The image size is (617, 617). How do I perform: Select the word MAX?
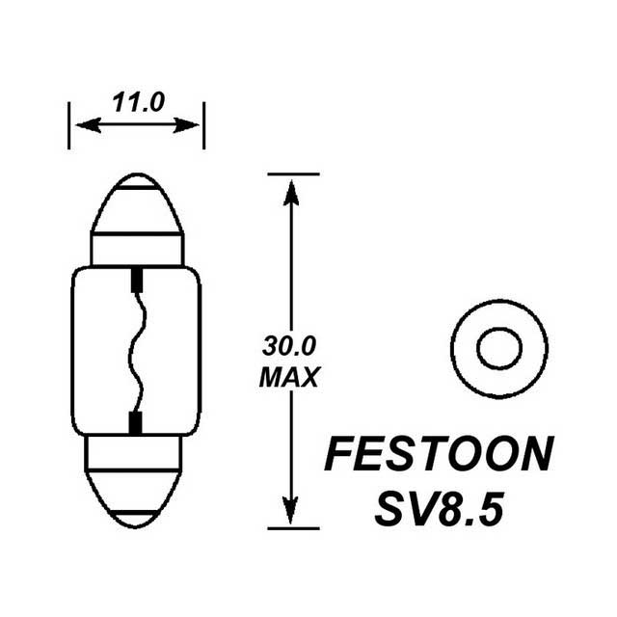(x=288, y=377)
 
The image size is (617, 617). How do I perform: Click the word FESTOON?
(x=440, y=454)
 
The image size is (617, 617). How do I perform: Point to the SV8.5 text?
(x=440, y=507)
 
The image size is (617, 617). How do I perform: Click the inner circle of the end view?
(x=498, y=347)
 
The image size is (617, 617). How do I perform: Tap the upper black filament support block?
(x=135, y=282)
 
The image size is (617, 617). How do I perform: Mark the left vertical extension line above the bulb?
(x=69, y=125)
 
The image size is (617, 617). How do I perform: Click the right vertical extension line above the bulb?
(x=204, y=125)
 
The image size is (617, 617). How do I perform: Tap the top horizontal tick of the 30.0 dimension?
(x=292, y=174)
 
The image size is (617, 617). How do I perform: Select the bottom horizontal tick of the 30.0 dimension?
(x=292, y=528)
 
